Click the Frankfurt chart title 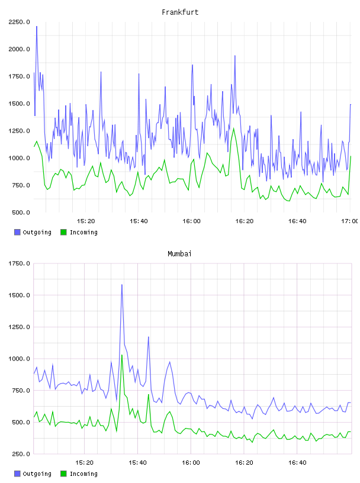180,12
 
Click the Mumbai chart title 179,254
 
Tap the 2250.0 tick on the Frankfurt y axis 19,22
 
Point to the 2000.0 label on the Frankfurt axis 19,49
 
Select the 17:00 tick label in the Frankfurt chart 349,221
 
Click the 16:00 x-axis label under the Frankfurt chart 191,221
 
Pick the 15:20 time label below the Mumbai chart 84,463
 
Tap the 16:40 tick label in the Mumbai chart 297,463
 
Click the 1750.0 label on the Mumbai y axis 19,263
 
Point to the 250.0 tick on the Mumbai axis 21,454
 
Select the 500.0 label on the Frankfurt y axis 21,212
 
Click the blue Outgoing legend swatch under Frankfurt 17,232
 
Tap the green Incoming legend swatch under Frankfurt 63,232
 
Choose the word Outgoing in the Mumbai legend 37,474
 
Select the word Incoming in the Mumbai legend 83,474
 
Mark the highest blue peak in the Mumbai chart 122,285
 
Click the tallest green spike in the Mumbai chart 122,355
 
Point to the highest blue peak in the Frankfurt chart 37,27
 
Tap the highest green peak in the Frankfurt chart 234,128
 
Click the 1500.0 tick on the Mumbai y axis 19,295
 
